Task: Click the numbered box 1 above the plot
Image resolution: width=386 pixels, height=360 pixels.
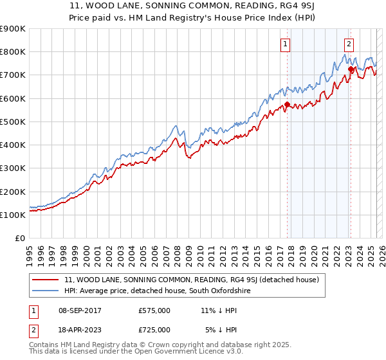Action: pos(285,44)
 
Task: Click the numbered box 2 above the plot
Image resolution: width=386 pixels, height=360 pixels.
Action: pos(348,44)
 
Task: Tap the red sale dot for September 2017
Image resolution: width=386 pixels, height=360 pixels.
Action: pos(287,104)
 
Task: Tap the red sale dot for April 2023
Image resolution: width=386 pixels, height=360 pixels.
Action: pos(351,69)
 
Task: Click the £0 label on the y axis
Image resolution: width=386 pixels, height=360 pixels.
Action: pos(20,239)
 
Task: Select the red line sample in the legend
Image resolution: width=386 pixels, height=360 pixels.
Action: pos(46,280)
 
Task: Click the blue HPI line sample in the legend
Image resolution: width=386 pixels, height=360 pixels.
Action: pos(46,291)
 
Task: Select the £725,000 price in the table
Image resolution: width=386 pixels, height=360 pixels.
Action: pos(154,330)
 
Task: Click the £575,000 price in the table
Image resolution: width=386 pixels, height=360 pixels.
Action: pos(154,310)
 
